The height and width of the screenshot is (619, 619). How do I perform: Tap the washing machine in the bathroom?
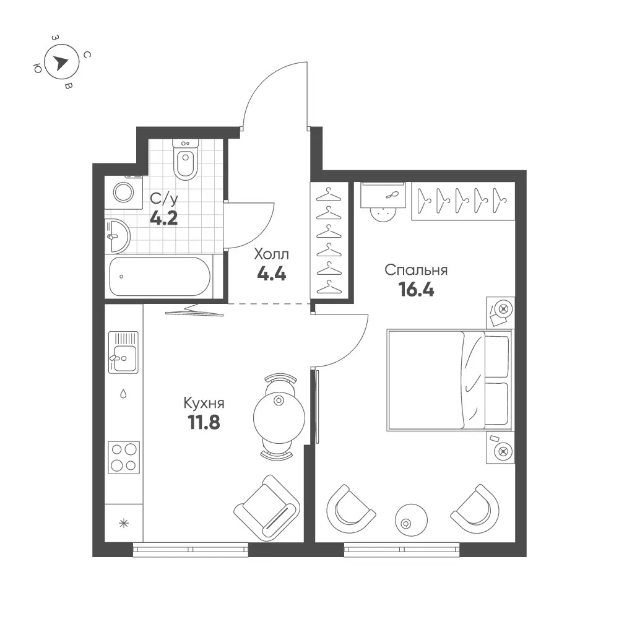[124, 193]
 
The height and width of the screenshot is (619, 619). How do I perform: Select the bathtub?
[160, 276]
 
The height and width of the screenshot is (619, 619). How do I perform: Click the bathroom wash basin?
[117, 236]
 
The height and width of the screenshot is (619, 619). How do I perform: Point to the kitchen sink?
[123, 352]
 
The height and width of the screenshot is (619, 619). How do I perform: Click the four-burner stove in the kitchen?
[124, 457]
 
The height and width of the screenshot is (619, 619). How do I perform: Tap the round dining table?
[279, 417]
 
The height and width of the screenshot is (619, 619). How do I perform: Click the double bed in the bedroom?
[450, 380]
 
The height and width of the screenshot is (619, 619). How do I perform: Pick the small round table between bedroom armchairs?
[411, 520]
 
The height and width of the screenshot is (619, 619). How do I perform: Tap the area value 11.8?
[204, 423]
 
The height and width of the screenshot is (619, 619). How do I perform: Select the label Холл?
[271, 254]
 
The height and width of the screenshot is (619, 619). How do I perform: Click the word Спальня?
[416, 271]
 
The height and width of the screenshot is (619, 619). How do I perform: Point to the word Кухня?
[204, 404]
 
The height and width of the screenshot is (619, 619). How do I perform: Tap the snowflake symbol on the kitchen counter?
[124, 524]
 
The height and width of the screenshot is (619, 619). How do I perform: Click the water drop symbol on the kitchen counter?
[123, 394]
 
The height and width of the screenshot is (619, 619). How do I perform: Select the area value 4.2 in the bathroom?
[164, 218]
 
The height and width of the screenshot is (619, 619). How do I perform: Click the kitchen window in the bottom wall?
[190, 550]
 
